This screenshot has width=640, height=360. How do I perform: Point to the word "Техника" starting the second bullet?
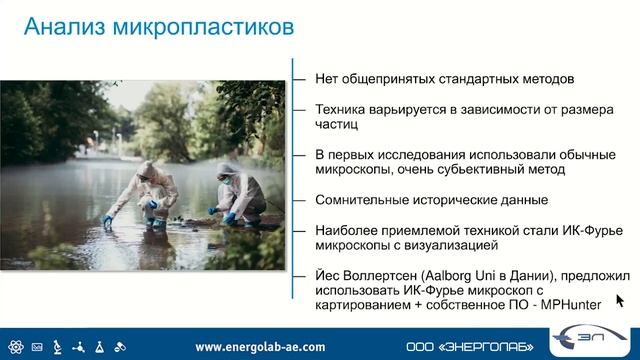coord(339,110)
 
